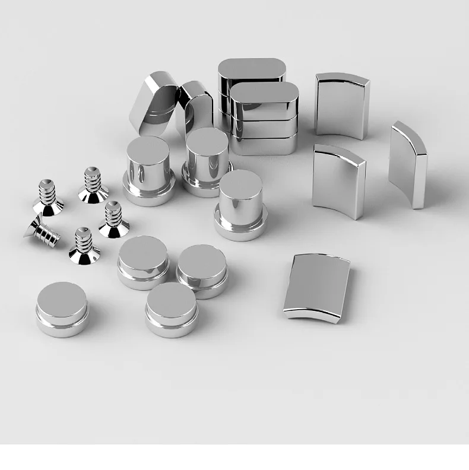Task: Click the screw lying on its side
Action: click(42, 230)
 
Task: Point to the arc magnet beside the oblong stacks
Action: click(341, 105)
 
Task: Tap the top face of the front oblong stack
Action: click(264, 94)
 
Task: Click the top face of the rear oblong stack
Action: click(252, 68)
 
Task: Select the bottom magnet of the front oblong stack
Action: click(264, 145)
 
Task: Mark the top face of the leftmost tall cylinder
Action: click(147, 147)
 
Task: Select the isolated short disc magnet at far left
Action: click(62, 309)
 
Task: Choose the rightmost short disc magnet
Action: click(202, 270)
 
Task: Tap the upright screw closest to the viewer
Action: click(84, 246)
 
